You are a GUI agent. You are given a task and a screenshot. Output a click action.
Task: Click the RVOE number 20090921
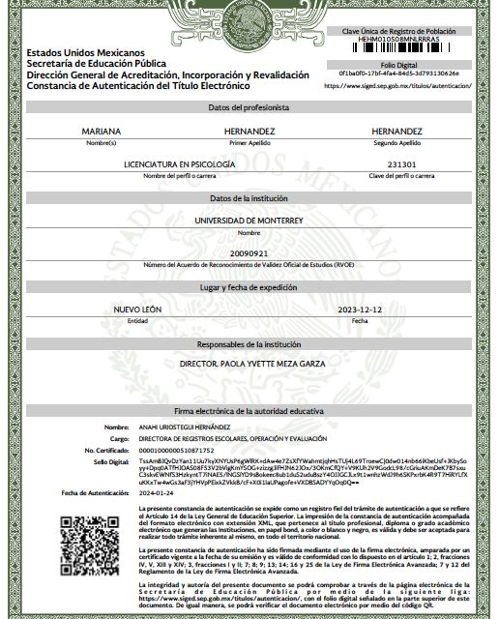249,252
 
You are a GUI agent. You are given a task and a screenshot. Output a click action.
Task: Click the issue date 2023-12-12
359,309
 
